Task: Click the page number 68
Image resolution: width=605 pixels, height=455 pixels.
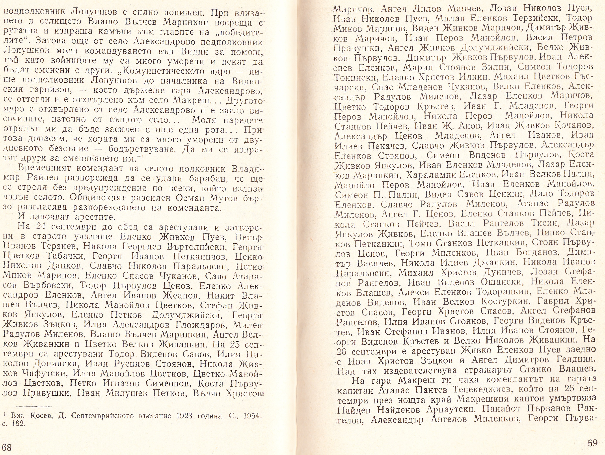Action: tap(7, 447)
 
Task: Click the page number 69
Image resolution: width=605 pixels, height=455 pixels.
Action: tap(592, 443)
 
